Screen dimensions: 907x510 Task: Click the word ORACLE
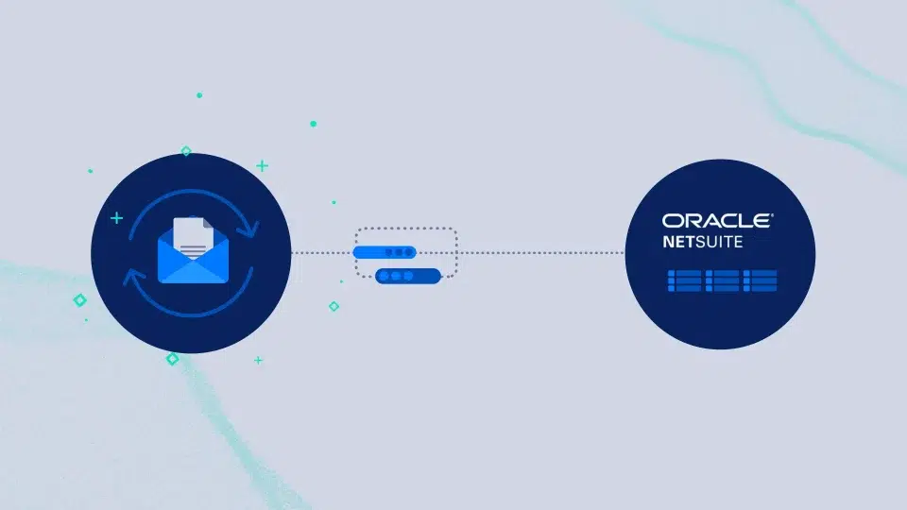click(x=716, y=220)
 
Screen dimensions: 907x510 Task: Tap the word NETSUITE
click(x=702, y=242)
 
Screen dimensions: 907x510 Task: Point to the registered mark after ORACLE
click(x=772, y=214)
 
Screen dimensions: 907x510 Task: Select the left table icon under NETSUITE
click(x=684, y=280)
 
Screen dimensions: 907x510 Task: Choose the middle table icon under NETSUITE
click(x=722, y=280)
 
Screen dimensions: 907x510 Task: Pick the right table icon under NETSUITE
click(x=760, y=280)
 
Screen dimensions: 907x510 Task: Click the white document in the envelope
click(x=193, y=237)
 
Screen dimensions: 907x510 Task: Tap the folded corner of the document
click(x=208, y=223)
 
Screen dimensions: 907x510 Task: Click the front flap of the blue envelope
click(x=193, y=272)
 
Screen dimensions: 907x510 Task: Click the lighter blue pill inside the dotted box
click(x=385, y=252)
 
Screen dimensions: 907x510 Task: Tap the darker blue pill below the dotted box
click(x=408, y=277)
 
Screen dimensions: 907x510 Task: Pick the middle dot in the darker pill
click(x=396, y=277)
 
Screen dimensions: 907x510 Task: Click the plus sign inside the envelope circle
click(x=117, y=218)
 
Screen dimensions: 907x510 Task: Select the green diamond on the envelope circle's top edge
click(x=186, y=151)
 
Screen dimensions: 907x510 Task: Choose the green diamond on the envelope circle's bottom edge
click(x=172, y=359)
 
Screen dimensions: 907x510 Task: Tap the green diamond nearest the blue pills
click(x=334, y=306)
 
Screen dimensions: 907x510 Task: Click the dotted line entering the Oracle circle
click(x=541, y=253)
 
